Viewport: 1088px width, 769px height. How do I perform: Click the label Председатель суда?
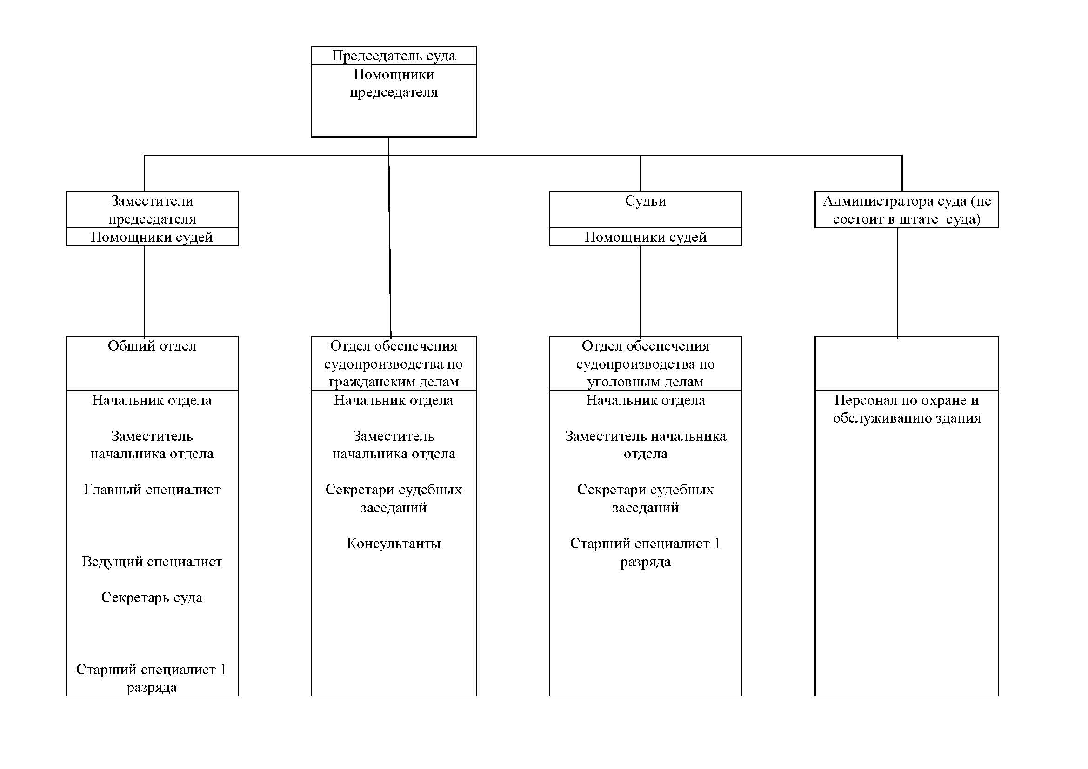coord(394,56)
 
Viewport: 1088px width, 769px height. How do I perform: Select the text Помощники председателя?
coord(394,83)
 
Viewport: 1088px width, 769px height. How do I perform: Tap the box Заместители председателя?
coord(152,209)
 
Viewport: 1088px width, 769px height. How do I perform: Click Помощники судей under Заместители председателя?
coord(152,237)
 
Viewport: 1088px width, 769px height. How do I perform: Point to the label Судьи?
coord(646,201)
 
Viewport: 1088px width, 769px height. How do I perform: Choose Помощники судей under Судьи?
coord(646,237)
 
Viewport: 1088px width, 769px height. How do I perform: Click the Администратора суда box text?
coord(907,209)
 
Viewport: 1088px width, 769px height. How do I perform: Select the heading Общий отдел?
coord(152,345)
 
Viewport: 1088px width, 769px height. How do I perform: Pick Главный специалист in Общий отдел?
coord(152,489)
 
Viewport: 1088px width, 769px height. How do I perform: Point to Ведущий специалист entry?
coord(152,561)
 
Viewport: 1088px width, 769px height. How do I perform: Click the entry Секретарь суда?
coord(152,597)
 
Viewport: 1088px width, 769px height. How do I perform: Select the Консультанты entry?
coord(394,543)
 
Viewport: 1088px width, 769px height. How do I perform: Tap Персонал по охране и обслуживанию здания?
coord(907,409)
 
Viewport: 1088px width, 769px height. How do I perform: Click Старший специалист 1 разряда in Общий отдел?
coord(152,678)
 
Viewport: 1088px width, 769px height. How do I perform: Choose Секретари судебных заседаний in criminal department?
coord(646,498)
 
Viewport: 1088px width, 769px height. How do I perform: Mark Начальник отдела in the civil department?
coord(394,400)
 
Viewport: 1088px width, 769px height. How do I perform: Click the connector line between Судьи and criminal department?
coord(640,291)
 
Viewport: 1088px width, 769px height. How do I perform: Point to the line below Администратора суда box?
coord(897,283)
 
